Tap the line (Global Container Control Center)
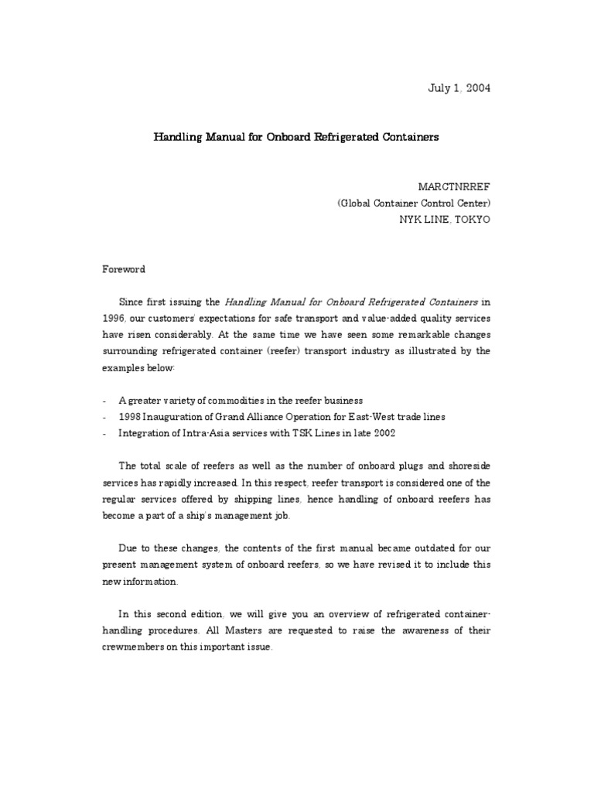pyautogui.click(x=413, y=203)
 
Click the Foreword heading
pyautogui.click(x=125, y=270)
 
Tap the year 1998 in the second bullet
pyautogui.click(x=130, y=417)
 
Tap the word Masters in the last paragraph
pyautogui.click(x=244, y=631)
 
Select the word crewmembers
pyautogui.click(x=133, y=647)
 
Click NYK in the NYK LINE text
pyautogui.click(x=408, y=219)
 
